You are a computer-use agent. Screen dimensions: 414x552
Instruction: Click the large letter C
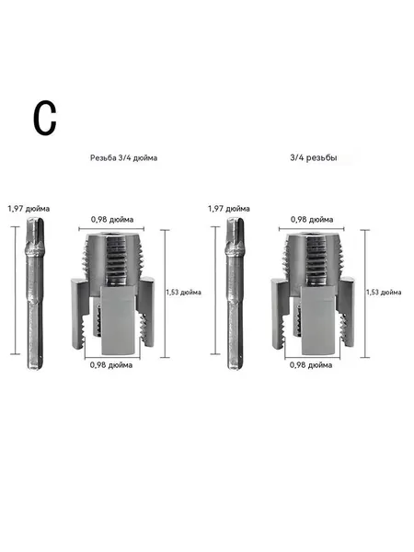click(x=45, y=118)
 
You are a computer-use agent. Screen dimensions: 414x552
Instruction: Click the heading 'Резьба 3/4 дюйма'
click(x=123, y=157)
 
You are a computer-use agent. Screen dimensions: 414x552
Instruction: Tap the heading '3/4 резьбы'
click(x=314, y=157)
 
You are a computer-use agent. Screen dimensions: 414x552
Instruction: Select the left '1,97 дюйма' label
click(x=29, y=209)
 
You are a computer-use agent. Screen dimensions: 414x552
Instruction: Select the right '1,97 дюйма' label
click(x=229, y=209)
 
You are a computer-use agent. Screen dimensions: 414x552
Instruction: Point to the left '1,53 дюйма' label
click(x=184, y=293)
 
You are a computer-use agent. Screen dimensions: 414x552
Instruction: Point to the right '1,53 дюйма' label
click(x=384, y=293)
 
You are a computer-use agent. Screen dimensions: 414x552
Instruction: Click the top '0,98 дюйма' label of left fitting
click(x=112, y=220)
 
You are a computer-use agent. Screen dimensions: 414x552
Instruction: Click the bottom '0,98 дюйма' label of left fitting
click(x=111, y=365)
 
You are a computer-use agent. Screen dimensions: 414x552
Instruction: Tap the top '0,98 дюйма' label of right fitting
click(x=312, y=220)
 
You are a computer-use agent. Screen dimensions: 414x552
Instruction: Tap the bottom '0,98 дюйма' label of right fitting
click(x=311, y=365)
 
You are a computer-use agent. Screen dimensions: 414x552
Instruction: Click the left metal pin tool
click(x=35, y=293)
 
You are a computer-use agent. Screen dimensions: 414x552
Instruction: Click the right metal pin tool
click(x=235, y=293)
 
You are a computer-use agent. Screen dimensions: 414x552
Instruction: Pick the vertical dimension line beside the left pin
click(x=15, y=291)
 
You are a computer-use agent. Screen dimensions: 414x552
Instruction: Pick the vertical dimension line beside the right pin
click(x=215, y=291)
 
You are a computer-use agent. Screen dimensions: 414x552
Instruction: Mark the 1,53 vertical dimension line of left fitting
click(x=165, y=293)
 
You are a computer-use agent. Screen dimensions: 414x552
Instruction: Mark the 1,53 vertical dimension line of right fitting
click(x=365, y=293)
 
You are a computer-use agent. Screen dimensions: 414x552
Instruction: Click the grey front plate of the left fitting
click(x=119, y=320)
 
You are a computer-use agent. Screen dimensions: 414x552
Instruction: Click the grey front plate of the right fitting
click(x=318, y=320)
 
